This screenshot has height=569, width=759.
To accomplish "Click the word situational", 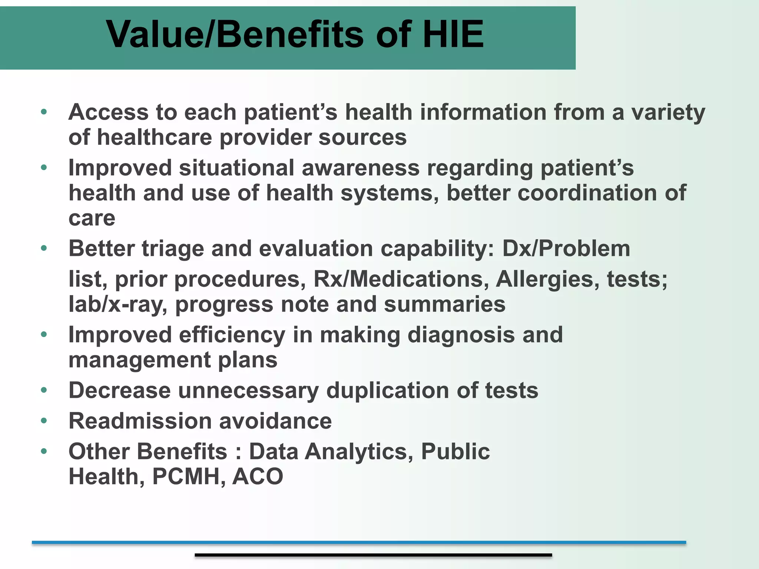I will click(236, 168).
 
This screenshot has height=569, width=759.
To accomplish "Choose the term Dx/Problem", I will click(566, 249).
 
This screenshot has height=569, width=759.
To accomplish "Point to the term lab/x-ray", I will click(118, 305).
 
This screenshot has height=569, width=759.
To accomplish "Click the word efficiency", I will click(232, 335).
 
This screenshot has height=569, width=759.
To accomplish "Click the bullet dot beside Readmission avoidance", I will click(44, 421).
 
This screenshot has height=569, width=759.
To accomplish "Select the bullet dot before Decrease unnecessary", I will click(44, 390).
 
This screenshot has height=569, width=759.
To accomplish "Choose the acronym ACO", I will click(258, 476).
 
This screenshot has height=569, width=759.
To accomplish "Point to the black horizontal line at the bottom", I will click(373, 555).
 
